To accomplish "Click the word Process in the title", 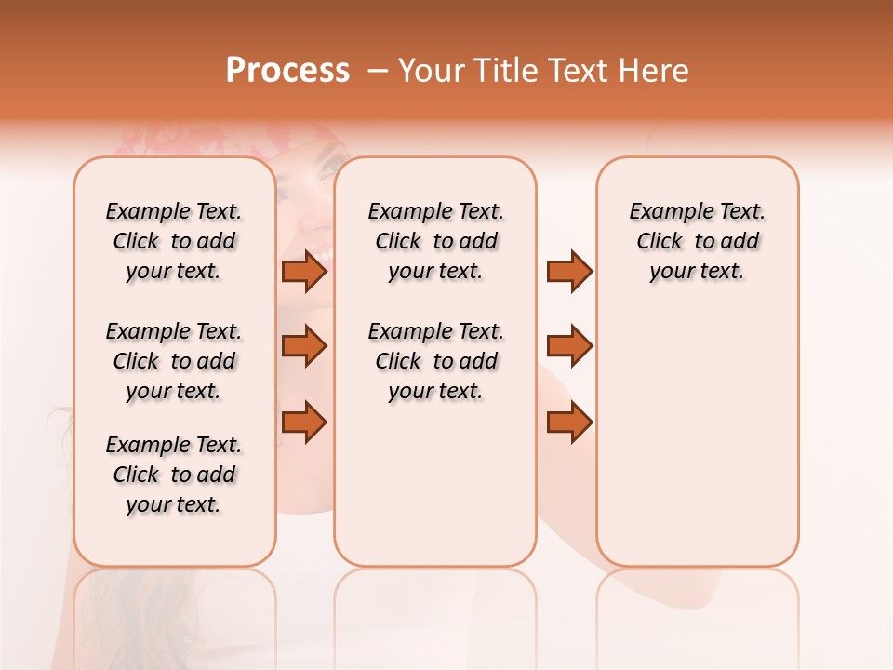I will (287, 71).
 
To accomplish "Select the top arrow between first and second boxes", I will (304, 271).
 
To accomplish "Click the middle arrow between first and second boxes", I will (304, 346).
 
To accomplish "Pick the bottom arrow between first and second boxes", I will (304, 422).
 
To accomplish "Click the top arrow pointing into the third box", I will (569, 271).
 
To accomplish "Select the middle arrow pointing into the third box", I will (569, 346).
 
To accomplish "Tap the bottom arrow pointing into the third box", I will (569, 422).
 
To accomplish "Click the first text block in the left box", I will (174, 241).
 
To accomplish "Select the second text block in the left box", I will (174, 361).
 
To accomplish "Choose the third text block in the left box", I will (174, 475).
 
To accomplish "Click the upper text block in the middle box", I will (435, 241).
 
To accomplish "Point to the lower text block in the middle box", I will (435, 361).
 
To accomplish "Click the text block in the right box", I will (697, 241).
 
